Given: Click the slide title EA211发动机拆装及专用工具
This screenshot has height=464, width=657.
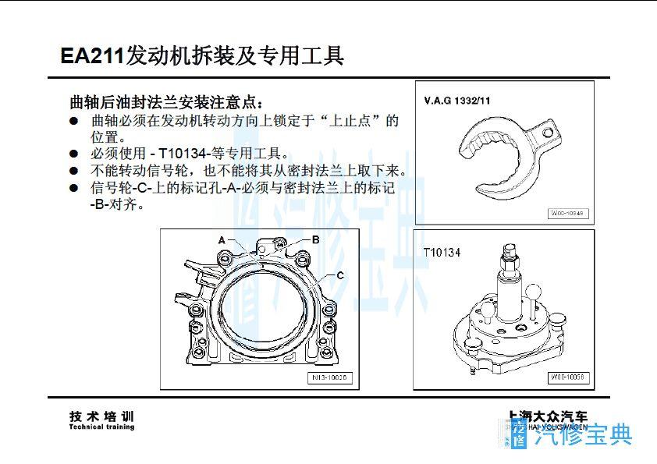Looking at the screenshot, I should click(201, 55).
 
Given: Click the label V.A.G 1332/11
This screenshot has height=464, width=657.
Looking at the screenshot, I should click(457, 101).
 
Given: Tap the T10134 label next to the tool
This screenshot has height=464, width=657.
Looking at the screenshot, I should click(442, 253).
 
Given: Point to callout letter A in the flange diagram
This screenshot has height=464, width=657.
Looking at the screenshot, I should click(222, 239).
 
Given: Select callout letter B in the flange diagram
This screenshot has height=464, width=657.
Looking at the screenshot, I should click(315, 239).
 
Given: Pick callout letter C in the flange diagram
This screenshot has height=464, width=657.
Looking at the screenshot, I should click(340, 275).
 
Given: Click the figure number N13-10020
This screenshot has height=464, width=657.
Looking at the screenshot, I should click(331, 378).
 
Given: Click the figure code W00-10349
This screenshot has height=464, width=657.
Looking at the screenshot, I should click(567, 213).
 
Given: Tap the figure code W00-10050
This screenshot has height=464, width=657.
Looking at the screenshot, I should click(568, 377).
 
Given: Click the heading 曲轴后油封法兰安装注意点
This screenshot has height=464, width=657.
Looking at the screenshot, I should click(167, 102).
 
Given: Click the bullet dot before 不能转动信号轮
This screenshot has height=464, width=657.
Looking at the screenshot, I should click(74, 171).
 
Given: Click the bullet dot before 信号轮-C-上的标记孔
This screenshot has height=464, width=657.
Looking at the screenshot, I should click(74, 188).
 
